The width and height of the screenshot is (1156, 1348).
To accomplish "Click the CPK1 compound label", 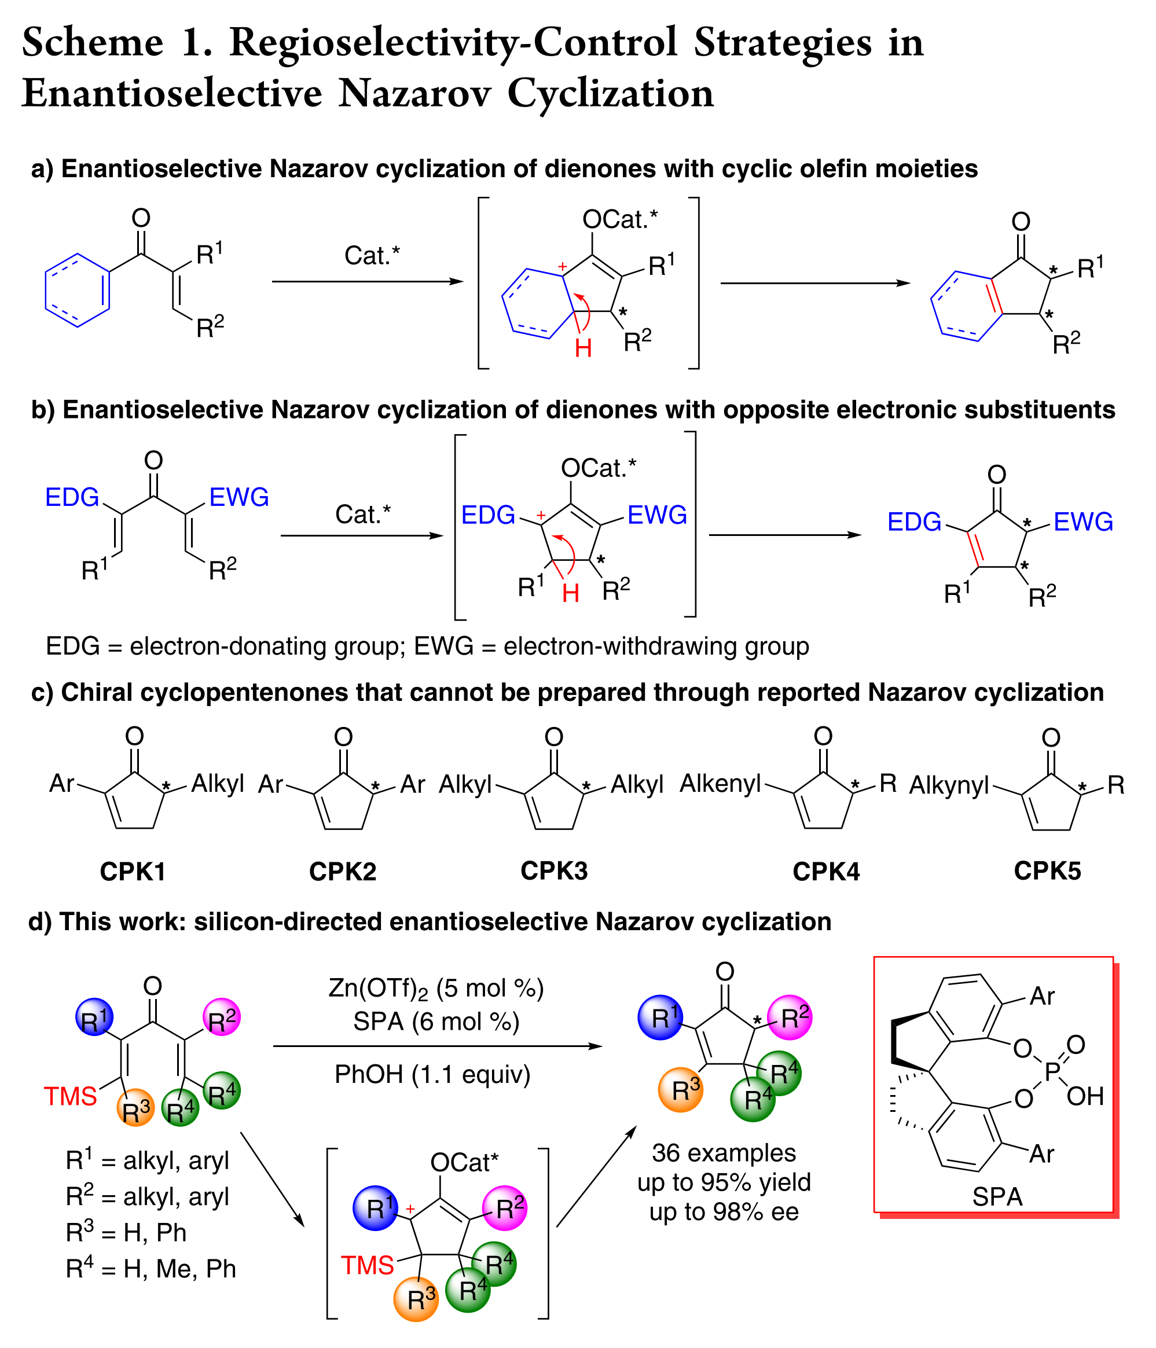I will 133,872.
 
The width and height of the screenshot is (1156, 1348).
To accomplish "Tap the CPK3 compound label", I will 553,871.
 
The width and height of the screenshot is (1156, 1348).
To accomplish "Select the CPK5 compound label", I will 1047,871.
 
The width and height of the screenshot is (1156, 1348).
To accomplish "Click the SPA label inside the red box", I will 997,1197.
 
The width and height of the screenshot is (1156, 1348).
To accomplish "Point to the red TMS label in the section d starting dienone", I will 70,1096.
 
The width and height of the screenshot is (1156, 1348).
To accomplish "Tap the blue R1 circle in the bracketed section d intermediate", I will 375,1208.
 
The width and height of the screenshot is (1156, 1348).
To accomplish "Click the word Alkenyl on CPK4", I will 720,784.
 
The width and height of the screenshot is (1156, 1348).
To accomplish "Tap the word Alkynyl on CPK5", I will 949,786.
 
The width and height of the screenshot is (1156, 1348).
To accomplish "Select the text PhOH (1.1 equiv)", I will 432,1074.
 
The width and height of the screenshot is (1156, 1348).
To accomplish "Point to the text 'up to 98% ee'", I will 724,1212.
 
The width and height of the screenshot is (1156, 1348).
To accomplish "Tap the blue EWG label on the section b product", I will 1083,521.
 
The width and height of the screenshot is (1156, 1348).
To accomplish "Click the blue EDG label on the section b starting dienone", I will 72,497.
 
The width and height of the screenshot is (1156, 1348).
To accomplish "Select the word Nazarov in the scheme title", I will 413,93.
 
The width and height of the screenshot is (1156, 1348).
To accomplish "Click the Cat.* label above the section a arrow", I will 372,255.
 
